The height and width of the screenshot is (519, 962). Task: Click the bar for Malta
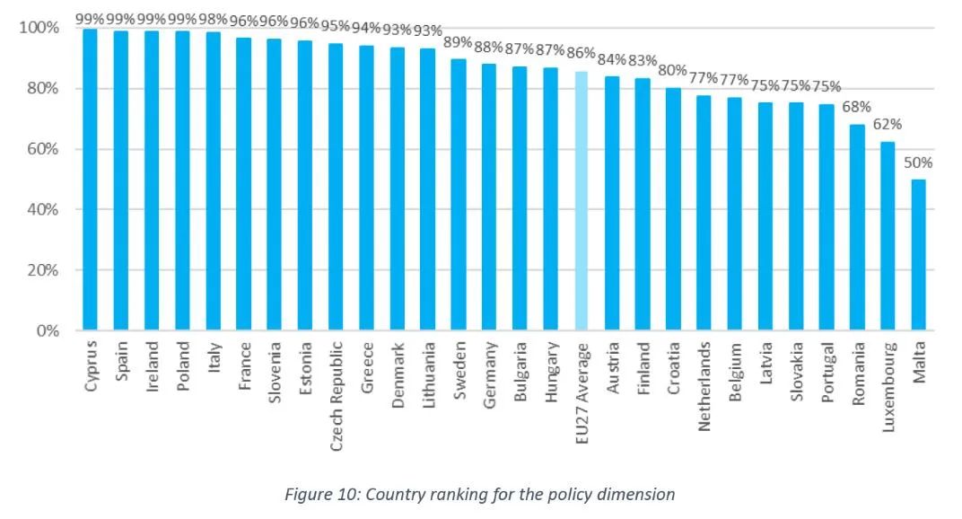click(919, 255)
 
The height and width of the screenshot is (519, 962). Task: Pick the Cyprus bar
click(90, 180)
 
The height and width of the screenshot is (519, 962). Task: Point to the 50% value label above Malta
click(918, 163)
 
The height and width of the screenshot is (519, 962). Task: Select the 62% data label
click(888, 125)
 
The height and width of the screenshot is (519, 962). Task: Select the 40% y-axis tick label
click(42, 209)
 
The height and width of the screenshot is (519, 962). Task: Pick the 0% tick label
click(47, 330)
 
